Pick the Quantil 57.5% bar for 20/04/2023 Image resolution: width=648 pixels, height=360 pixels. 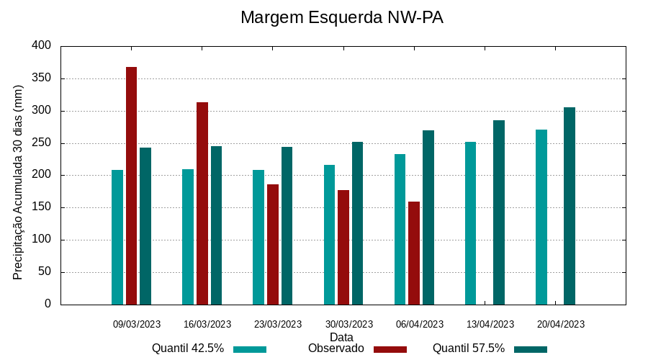click(x=570, y=206)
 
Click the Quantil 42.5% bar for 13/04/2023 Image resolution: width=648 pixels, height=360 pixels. click(x=470, y=223)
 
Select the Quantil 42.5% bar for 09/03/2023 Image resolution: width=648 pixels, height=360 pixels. click(x=117, y=238)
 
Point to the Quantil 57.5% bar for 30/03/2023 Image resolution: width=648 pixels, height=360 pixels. click(x=357, y=223)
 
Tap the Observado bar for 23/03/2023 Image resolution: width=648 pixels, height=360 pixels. click(x=273, y=245)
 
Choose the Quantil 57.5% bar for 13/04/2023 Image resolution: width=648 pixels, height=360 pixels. click(x=499, y=212)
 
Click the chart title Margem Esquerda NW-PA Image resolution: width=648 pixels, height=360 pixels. click(x=341, y=17)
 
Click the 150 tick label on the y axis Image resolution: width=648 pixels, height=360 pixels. click(x=42, y=207)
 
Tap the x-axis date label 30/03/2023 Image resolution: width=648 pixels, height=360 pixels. click(x=349, y=325)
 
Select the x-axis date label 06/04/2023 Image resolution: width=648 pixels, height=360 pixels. click(x=420, y=325)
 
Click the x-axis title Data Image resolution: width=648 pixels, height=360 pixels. click(x=341, y=337)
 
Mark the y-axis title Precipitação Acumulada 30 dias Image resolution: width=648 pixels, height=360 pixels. click(x=19, y=182)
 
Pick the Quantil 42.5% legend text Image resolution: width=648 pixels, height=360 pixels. click(x=188, y=348)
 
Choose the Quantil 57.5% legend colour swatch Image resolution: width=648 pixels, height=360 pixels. click(x=531, y=349)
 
